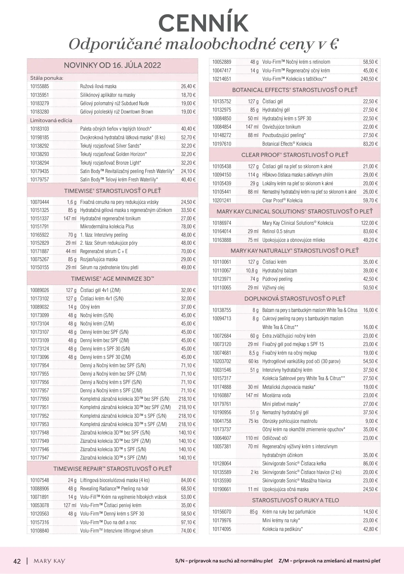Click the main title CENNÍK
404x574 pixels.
click(x=203, y=23)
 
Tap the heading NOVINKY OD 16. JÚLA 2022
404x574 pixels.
click(x=112, y=65)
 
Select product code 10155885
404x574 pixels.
click(x=40, y=86)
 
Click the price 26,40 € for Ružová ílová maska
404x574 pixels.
click(x=188, y=86)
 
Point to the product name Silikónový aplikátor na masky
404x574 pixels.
click(x=108, y=95)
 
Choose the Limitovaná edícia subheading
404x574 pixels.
click(x=51, y=120)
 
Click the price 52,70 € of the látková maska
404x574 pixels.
click(x=188, y=137)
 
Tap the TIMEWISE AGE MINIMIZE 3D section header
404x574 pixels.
click(x=112, y=279)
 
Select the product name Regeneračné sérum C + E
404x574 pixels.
click(x=104, y=251)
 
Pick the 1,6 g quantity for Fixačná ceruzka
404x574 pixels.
click(x=72, y=202)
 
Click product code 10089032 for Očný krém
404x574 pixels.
click(x=40, y=307)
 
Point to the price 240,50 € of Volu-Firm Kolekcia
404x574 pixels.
click(x=369, y=79)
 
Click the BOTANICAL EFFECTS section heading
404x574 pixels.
click(x=294, y=90)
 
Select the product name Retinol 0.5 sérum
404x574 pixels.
click(x=278, y=231)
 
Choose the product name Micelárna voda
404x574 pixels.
click(x=276, y=395)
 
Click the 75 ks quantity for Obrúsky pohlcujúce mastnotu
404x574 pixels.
click(x=253, y=421)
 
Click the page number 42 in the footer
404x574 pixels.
click(x=17, y=561)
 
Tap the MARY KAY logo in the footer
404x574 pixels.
click(x=49, y=561)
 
